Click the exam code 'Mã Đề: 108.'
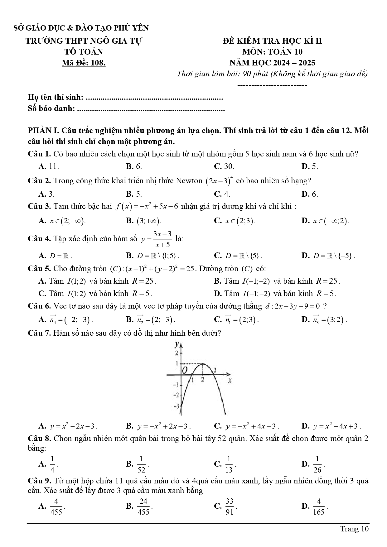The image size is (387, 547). point(84,63)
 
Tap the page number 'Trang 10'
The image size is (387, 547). point(354,529)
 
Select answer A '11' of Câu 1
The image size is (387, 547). point(49,166)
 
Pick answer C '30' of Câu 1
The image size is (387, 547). point(225,166)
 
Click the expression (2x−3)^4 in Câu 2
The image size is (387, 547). point(219,181)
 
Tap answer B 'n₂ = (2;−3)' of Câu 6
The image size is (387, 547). point(151,319)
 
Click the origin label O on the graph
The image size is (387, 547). point(185,370)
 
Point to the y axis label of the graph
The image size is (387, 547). point(177,344)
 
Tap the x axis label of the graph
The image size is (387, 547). point(230,381)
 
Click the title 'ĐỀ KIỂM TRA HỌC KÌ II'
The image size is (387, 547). point(272,41)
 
